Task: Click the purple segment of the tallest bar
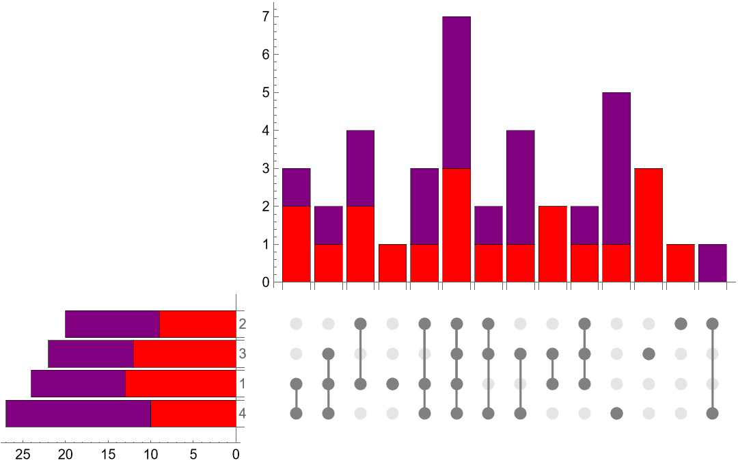[x=456, y=92]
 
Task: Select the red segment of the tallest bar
[x=456, y=225]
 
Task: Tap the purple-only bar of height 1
[x=712, y=263]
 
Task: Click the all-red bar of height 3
[x=648, y=225]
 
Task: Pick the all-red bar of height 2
[x=552, y=244]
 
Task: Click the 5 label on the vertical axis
[x=266, y=92]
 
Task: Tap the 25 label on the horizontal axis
[x=23, y=454]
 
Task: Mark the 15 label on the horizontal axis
[x=108, y=454]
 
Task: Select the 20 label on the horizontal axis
[x=66, y=454]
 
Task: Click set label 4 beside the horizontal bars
[x=242, y=413]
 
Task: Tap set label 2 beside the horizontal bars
[x=242, y=324]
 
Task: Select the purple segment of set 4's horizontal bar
[x=78, y=413]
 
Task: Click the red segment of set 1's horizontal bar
[x=180, y=384]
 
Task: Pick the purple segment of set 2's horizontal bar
[x=112, y=324]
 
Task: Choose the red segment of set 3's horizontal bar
[x=184, y=354]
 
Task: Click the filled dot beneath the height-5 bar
[x=616, y=413]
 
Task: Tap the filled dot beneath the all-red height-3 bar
[x=648, y=354]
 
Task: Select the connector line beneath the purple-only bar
[x=712, y=368]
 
